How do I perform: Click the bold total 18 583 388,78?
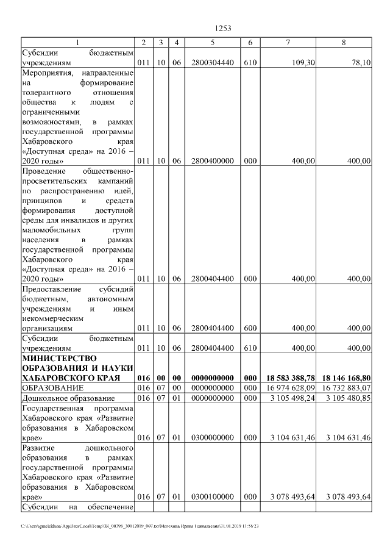pos(291,378)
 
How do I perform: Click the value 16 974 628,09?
pos(291,388)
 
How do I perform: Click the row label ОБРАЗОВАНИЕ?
pos(49,388)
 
